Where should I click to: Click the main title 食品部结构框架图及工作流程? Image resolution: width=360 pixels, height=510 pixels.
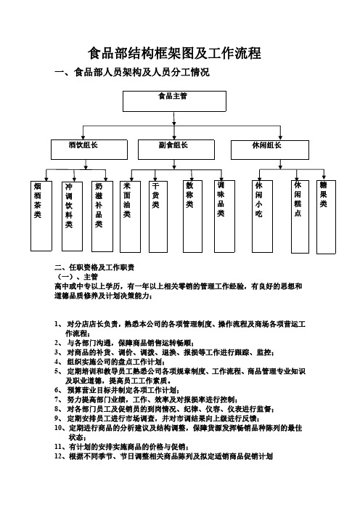(174, 53)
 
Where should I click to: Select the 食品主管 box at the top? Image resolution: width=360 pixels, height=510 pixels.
(174, 101)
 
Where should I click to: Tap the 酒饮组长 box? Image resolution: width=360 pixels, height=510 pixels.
(89, 150)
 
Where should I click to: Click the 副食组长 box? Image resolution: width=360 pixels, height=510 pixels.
(176, 150)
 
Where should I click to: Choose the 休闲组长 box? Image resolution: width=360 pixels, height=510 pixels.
(270, 150)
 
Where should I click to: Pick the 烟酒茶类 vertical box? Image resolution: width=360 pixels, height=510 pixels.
(41, 216)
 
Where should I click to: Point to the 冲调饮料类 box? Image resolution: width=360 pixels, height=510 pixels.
(72, 216)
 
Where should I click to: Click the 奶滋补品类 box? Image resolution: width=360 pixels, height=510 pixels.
(102, 216)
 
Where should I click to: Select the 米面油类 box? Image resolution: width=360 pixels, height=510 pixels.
(131, 216)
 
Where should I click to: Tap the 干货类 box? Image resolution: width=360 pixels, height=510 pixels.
(158, 216)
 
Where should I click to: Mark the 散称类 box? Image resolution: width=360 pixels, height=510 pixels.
(192, 216)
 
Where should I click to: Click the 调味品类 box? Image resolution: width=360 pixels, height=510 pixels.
(224, 216)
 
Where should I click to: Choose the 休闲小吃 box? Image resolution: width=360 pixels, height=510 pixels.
(262, 216)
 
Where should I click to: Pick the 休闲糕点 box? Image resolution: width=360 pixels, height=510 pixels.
(300, 216)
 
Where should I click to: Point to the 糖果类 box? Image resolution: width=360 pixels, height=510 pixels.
(326, 217)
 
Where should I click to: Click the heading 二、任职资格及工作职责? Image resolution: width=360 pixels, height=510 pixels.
(94, 267)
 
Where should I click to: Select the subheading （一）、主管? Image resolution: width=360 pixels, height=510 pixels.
(78, 277)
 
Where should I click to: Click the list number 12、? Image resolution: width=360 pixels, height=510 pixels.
(60, 456)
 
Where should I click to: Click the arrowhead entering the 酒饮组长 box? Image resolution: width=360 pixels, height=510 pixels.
(83, 137)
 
